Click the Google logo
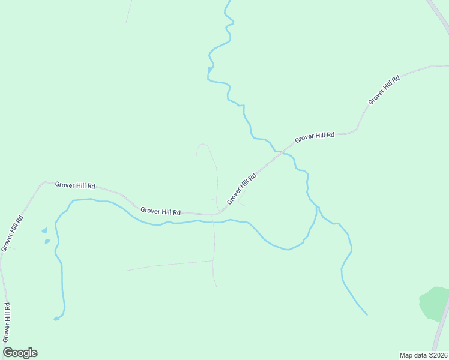20,353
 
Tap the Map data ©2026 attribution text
423,355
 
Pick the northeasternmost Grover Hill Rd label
384,90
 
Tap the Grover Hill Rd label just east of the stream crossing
315,137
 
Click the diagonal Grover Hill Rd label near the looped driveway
241,188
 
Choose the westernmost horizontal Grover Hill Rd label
75,185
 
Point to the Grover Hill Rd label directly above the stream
161,211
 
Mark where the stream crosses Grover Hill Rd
279,151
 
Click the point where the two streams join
317,208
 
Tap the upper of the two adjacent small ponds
44,230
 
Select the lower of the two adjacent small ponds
47,241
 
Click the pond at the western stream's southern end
56,318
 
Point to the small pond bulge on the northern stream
209,70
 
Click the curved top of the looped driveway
203,144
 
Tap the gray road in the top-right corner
438,11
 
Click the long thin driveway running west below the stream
168,265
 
